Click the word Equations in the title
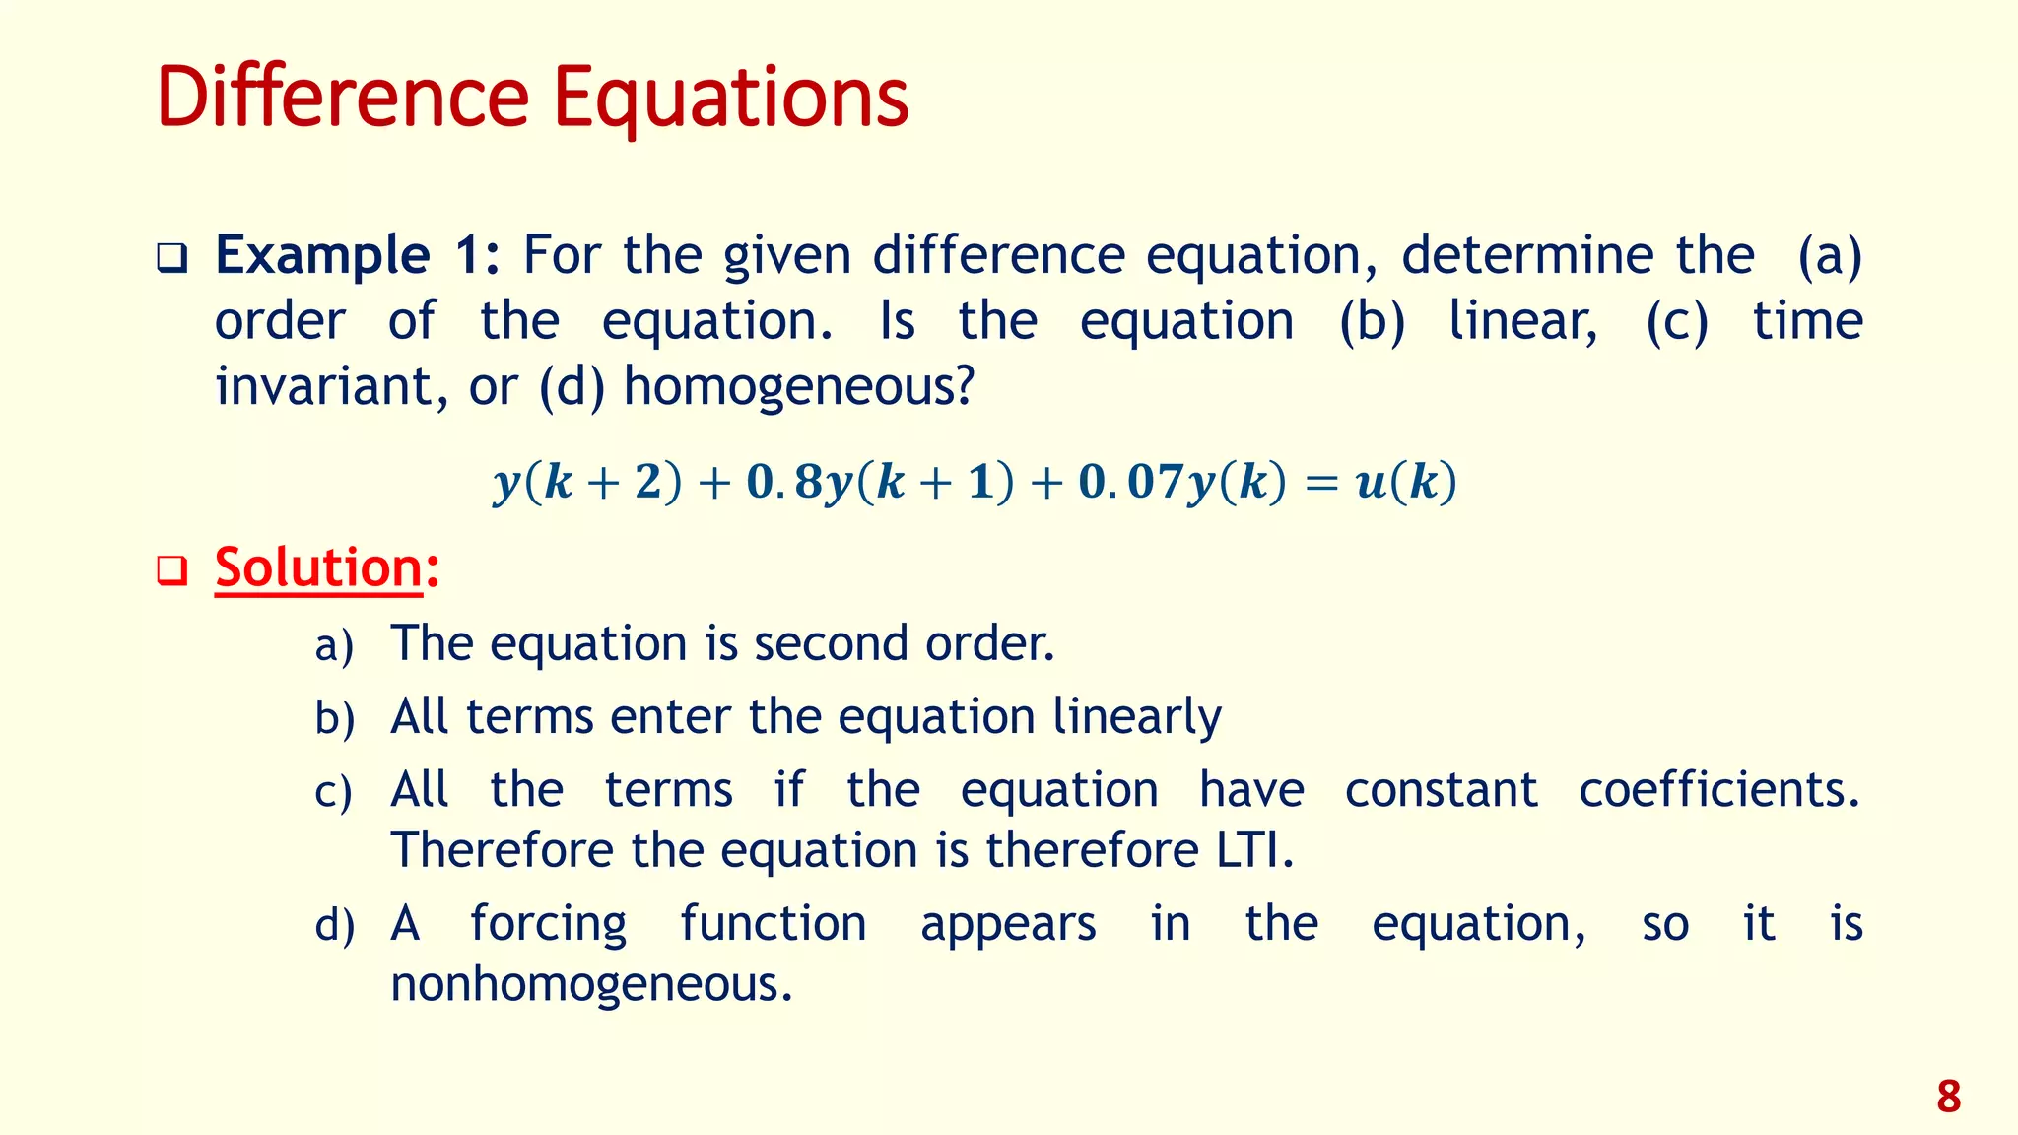(730, 99)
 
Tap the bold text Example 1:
(358, 255)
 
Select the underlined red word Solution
(318, 568)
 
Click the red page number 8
(1948, 1097)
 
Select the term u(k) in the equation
(1406, 483)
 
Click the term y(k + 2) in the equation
(587, 483)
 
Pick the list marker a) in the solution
(334, 646)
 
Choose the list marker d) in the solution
(334, 926)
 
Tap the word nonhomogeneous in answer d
(591, 984)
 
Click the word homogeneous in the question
(797, 386)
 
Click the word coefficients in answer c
(1718, 790)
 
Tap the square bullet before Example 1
(172, 259)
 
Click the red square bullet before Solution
(172, 570)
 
